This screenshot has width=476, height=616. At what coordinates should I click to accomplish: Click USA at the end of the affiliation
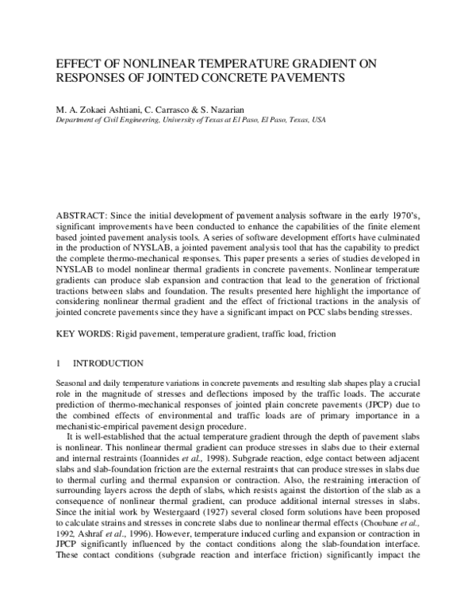pyautogui.click(x=317, y=120)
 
